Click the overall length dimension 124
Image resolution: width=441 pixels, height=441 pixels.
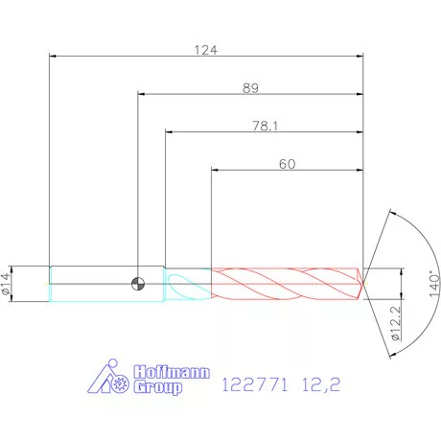[x=206, y=50]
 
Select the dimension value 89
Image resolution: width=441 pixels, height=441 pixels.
[x=250, y=88]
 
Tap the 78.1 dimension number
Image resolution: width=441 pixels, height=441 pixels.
[x=266, y=126]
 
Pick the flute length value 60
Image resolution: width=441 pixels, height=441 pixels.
[x=288, y=164]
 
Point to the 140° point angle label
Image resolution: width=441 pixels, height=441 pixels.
[x=434, y=284]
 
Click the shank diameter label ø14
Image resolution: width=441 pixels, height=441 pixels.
[x=6, y=284]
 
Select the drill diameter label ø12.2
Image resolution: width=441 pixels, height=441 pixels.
[x=395, y=323]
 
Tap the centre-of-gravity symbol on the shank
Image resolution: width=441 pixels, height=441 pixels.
[x=138, y=284]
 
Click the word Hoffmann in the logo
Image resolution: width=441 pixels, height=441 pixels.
[x=172, y=372]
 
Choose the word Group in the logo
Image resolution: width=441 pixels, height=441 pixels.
[x=158, y=387]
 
